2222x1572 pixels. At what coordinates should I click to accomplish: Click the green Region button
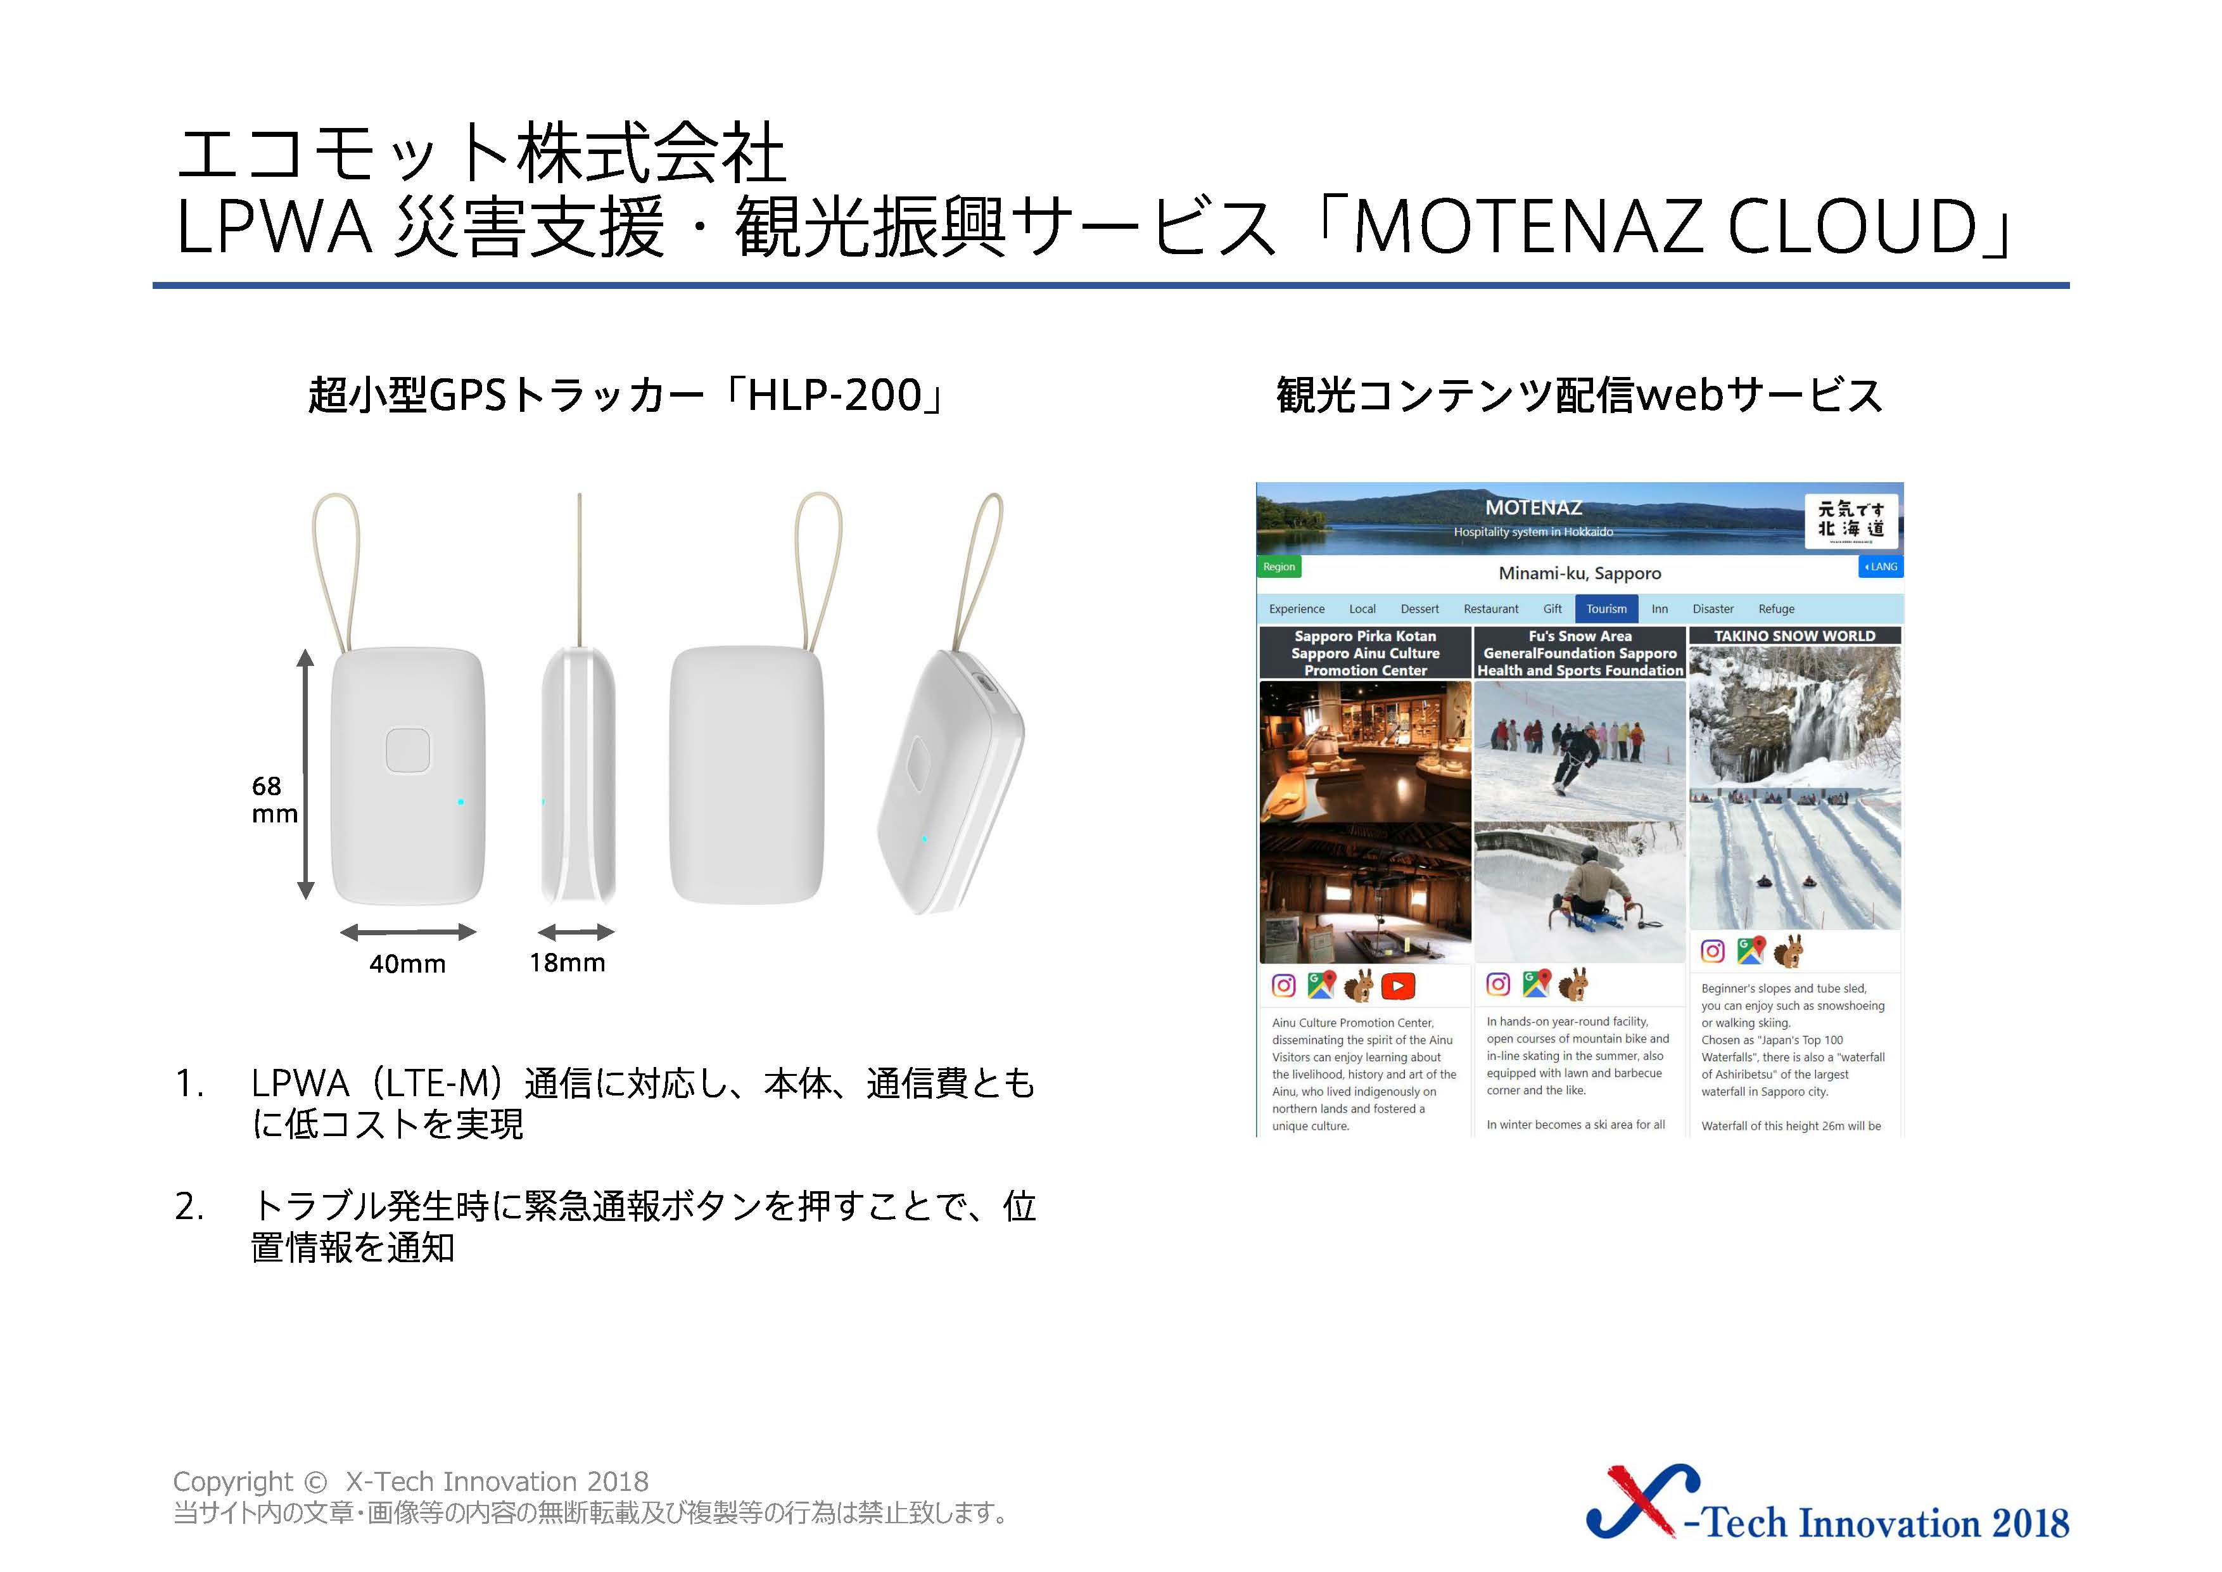pyautogui.click(x=1278, y=566)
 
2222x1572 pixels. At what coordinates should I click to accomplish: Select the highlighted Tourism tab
pyautogui.click(x=1606, y=609)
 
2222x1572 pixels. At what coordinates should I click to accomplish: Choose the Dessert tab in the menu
pyautogui.click(x=1419, y=609)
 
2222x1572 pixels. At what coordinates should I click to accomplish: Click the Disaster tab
pyautogui.click(x=1713, y=609)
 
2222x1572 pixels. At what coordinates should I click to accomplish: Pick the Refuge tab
pyautogui.click(x=1776, y=609)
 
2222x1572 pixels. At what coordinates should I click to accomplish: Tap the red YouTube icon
pyautogui.click(x=1397, y=985)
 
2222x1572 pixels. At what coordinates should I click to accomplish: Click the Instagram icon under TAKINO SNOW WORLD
pyautogui.click(x=1713, y=952)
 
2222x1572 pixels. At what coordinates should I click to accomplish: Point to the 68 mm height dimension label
pyautogui.click(x=274, y=800)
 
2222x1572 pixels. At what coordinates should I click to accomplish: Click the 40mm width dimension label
pyautogui.click(x=407, y=964)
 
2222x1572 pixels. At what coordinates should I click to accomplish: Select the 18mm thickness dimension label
pyautogui.click(x=567, y=963)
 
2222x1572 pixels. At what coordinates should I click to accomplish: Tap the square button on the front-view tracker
pyautogui.click(x=407, y=750)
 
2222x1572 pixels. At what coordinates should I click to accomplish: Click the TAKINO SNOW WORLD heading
pyautogui.click(x=1794, y=636)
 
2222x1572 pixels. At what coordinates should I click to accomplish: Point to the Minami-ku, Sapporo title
pyautogui.click(x=1579, y=573)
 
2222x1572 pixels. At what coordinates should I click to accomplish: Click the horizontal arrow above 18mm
pyautogui.click(x=576, y=932)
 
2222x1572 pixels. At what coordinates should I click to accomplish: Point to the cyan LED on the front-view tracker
pyautogui.click(x=460, y=802)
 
